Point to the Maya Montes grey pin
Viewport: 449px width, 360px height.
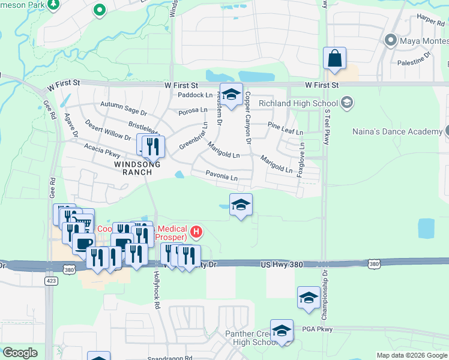pyautogui.click(x=391, y=40)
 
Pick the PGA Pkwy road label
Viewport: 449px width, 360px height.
pyautogui.click(x=319, y=328)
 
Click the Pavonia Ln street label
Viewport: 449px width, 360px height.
pyautogui.click(x=223, y=178)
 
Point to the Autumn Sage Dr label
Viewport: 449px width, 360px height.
pyautogui.click(x=124, y=108)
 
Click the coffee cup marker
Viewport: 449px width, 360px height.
pyautogui.click(x=83, y=244)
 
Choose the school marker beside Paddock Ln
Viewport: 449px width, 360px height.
pyautogui.click(x=231, y=94)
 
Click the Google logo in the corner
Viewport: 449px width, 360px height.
pyautogui.click(x=20, y=353)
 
